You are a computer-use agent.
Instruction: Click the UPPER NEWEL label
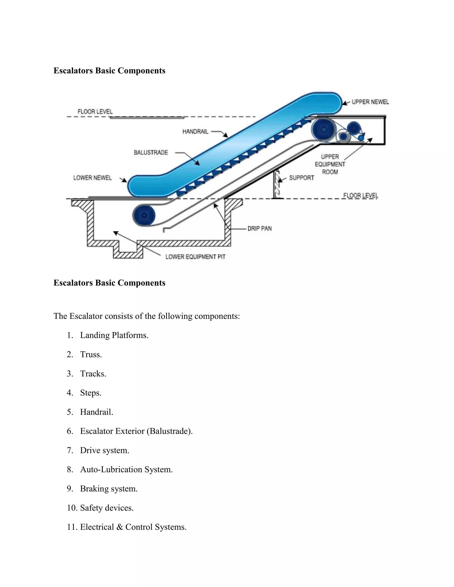pyautogui.click(x=370, y=102)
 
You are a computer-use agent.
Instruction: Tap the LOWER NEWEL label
pyautogui.click(x=92, y=178)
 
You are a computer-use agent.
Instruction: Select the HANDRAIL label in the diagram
pyautogui.click(x=195, y=131)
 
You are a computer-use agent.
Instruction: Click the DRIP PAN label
pyautogui.click(x=260, y=228)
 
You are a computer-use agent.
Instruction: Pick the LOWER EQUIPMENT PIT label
pyautogui.click(x=195, y=257)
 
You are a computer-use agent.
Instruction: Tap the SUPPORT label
pyautogui.click(x=301, y=178)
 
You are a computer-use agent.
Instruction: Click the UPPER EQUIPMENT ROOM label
pyautogui.click(x=330, y=164)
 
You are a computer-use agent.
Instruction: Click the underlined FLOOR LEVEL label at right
pyautogui.click(x=360, y=195)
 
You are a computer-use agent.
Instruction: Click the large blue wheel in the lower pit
pyautogui.click(x=144, y=215)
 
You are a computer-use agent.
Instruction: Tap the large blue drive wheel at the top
pyautogui.click(x=324, y=130)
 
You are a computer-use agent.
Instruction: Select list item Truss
pyautogui.click(x=91, y=354)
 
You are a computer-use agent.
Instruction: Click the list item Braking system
pyautogui.click(x=109, y=489)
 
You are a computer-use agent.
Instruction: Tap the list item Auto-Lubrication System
pyautogui.click(x=126, y=470)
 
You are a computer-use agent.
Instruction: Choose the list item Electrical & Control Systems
pyautogui.click(x=133, y=527)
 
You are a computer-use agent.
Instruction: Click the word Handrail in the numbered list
pyautogui.click(x=97, y=412)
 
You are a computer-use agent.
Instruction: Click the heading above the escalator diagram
pyautogui.click(x=109, y=70)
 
